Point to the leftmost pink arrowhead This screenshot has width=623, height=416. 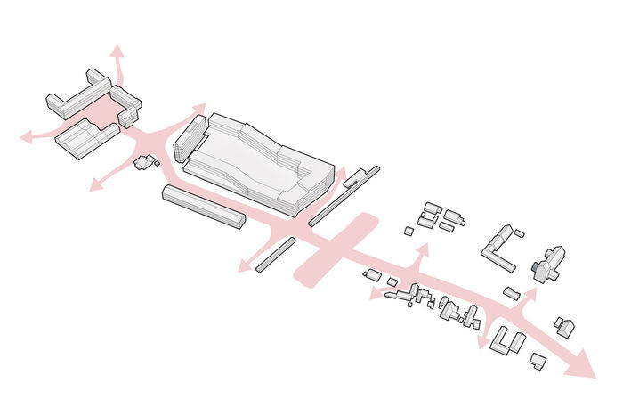(x=28, y=137)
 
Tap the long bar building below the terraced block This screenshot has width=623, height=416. (x=203, y=207)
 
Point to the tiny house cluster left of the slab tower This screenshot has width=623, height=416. (x=143, y=163)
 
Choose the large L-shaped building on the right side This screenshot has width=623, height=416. (x=498, y=249)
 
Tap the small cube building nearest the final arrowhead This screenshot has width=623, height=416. (x=537, y=360)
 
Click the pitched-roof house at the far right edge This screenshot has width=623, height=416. (x=564, y=326)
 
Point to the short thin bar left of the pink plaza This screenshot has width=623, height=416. (x=275, y=254)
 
